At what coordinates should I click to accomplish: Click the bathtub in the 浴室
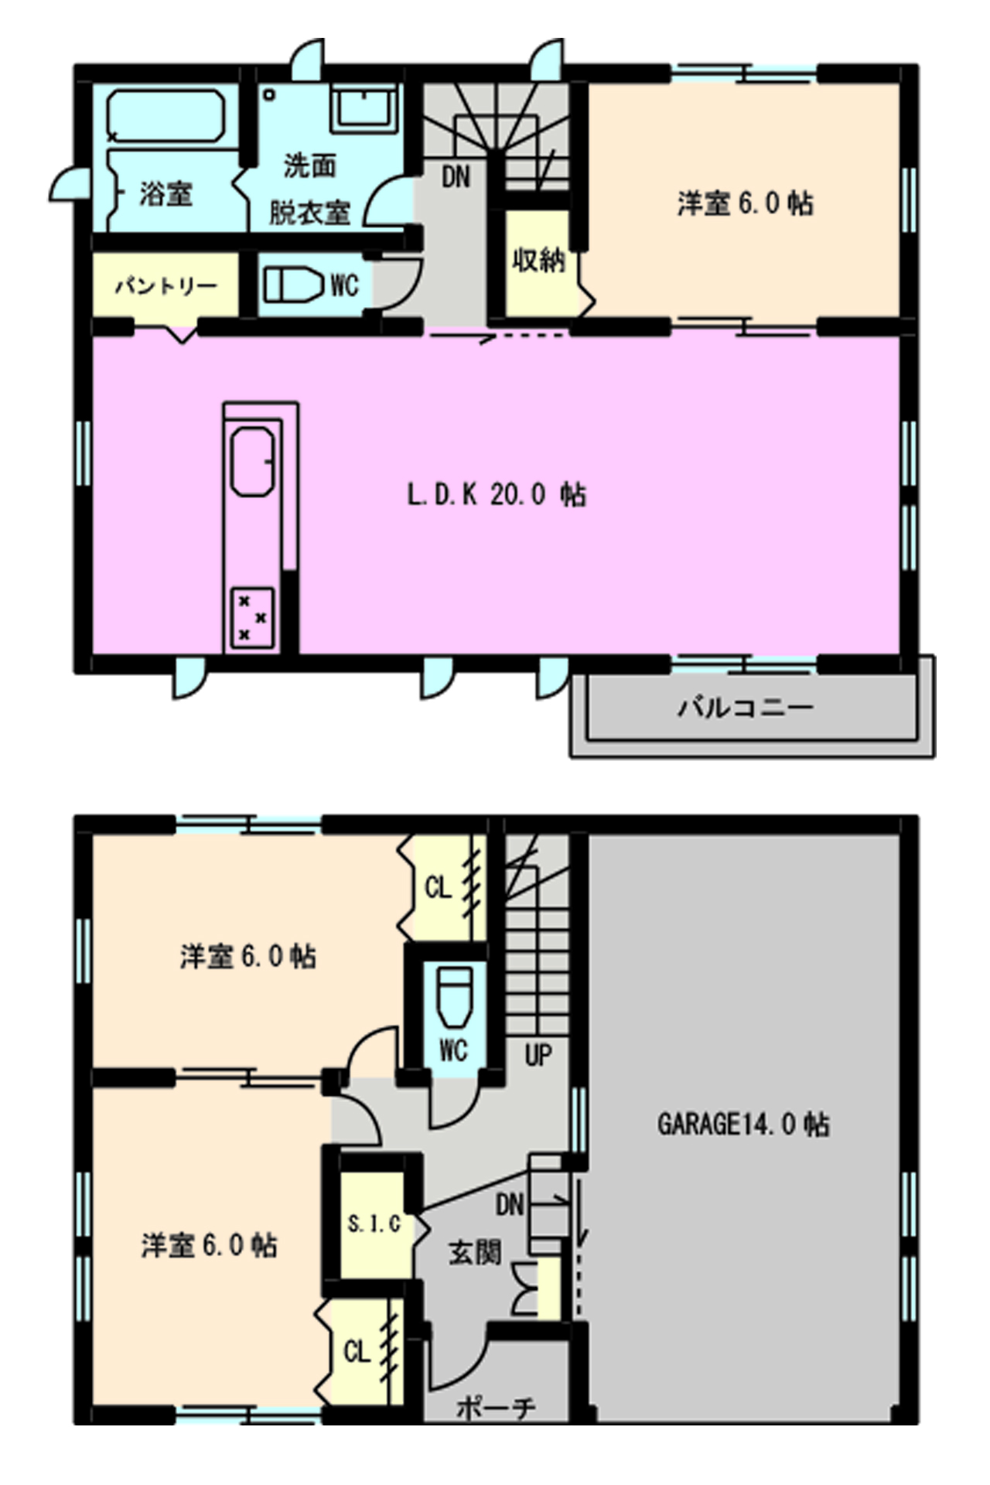click(166, 116)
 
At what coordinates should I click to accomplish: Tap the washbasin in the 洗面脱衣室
click(364, 108)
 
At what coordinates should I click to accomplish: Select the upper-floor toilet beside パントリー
click(293, 285)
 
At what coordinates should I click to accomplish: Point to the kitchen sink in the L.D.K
click(253, 461)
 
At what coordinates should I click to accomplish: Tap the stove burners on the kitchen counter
click(253, 617)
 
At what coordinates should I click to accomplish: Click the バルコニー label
click(746, 707)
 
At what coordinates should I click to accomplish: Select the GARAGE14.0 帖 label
click(743, 1124)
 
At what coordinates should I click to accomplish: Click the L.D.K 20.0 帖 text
click(497, 494)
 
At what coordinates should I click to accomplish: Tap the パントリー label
click(166, 286)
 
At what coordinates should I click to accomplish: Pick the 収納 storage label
click(538, 260)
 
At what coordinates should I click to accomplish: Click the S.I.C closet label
click(374, 1224)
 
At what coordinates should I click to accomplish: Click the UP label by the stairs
click(538, 1054)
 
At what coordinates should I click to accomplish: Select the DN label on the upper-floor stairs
click(456, 177)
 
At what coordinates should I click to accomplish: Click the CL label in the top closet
click(438, 887)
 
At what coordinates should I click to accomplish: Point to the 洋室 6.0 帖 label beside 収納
click(745, 203)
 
